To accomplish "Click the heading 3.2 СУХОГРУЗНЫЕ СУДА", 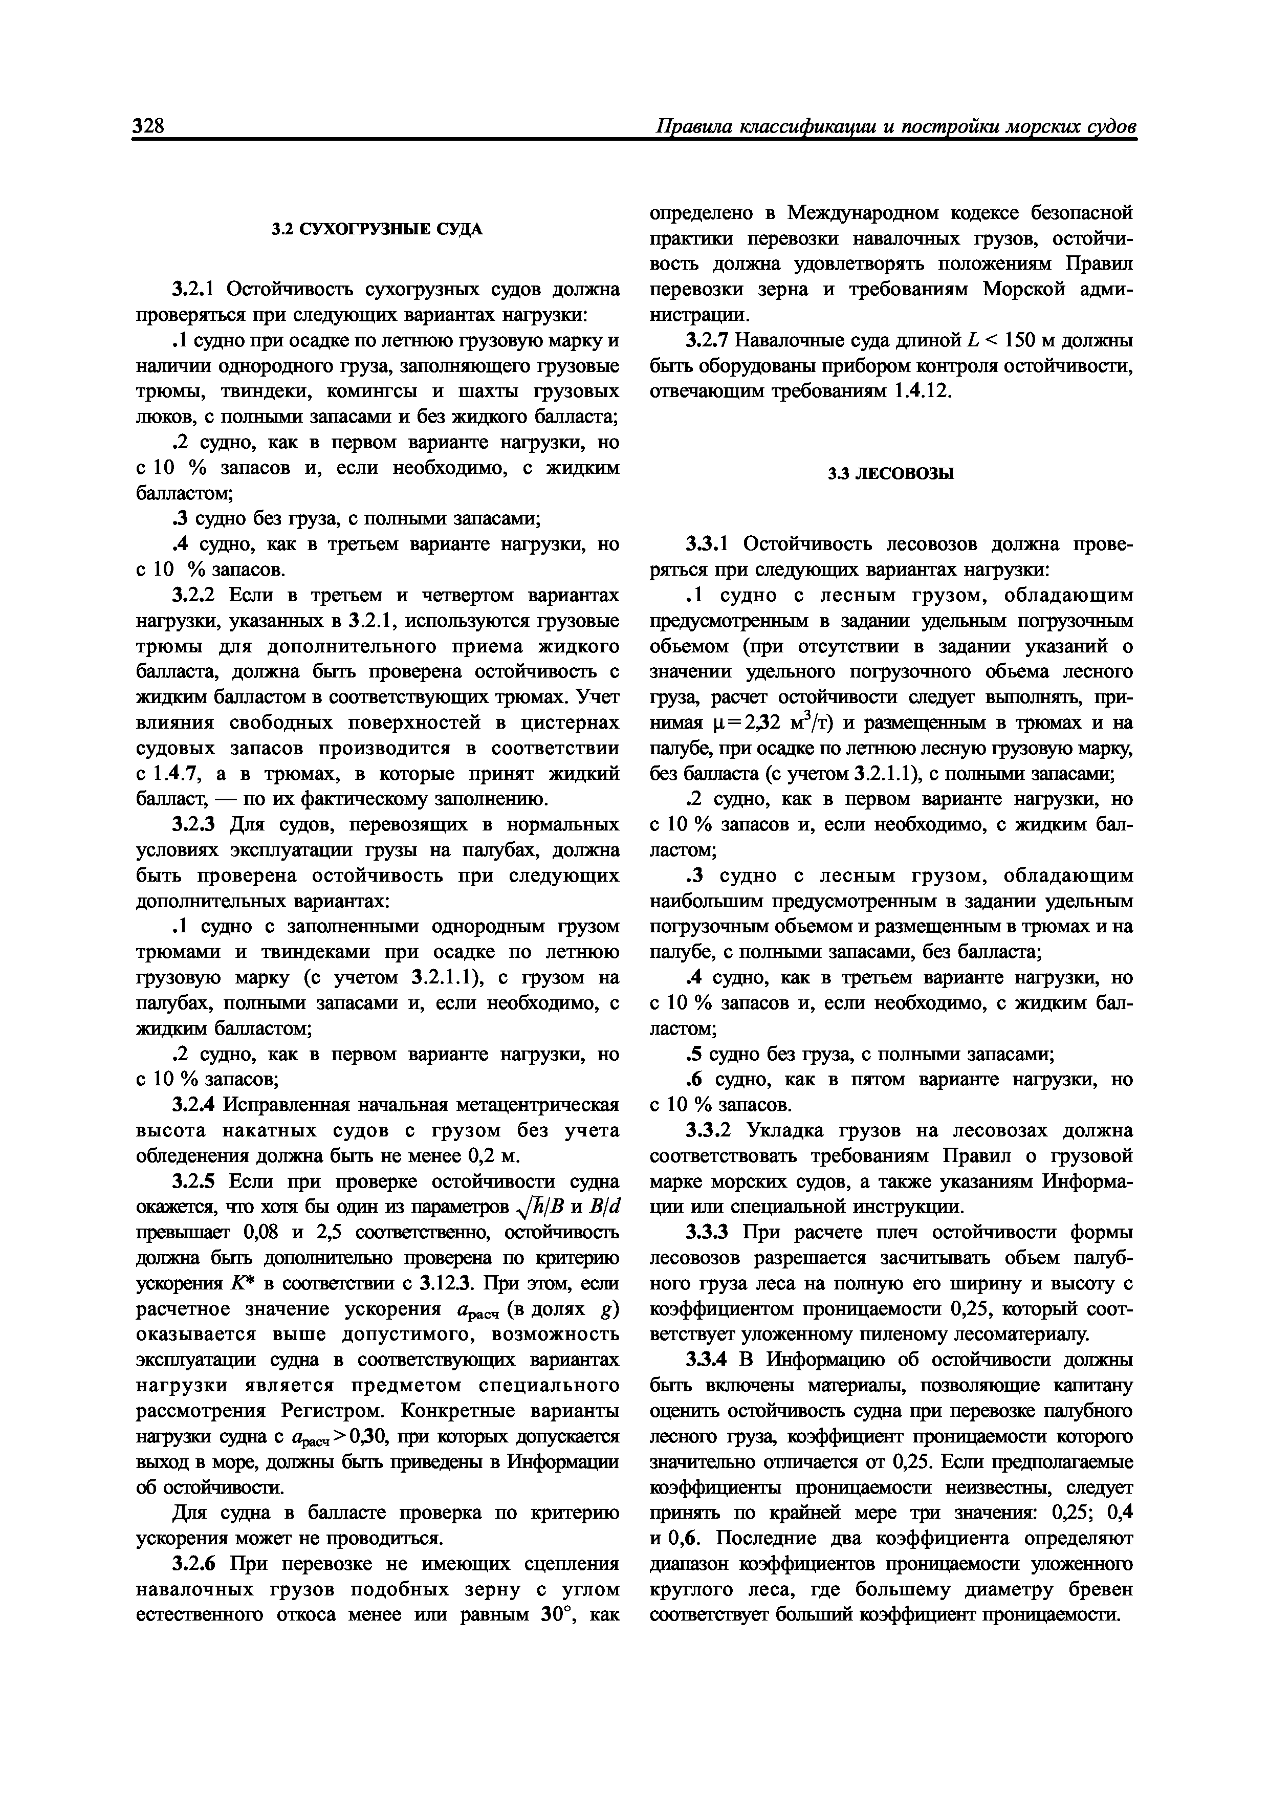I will click(377, 229).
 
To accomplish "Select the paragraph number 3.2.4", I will click(195, 1105).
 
